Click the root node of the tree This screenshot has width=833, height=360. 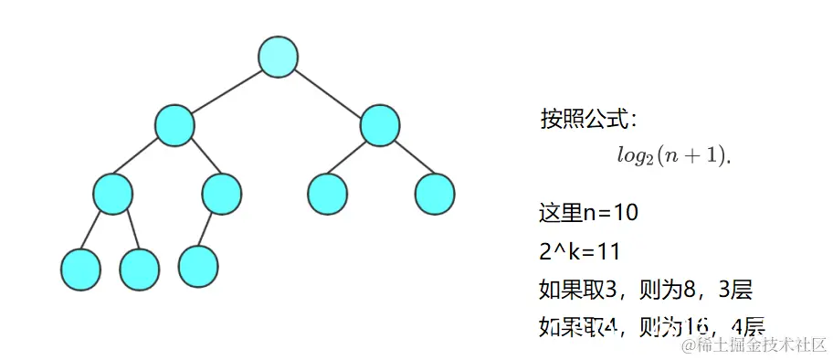(x=278, y=57)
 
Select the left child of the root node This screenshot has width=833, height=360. (x=174, y=125)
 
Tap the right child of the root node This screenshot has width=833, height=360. (x=380, y=125)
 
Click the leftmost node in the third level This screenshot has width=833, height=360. (x=112, y=194)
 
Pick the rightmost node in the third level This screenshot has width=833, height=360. (x=435, y=193)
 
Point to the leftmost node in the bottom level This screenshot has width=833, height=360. (x=80, y=269)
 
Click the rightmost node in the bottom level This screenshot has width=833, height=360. (x=198, y=265)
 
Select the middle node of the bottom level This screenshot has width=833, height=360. (x=139, y=269)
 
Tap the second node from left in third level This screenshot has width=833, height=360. (x=222, y=193)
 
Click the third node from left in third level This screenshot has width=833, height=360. (x=326, y=193)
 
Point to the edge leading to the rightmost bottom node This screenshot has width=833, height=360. (x=210, y=229)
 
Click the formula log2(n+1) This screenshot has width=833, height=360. (x=674, y=155)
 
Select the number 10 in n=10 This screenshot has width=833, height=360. (x=625, y=214)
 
